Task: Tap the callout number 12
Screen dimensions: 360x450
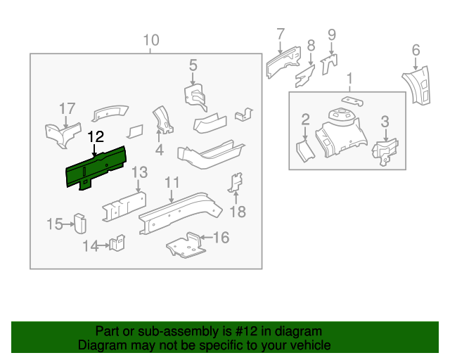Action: point(96,136)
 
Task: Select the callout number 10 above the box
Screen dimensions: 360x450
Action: point(151,40)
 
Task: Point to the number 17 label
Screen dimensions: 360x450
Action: point(67,108)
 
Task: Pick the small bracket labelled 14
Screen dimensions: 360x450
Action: point(117,243)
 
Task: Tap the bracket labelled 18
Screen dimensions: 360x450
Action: point(236,184)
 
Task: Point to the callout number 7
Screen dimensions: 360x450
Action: point(280,33)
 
